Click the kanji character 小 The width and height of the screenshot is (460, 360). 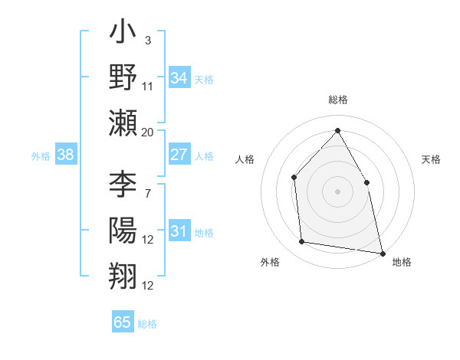click(123, 34)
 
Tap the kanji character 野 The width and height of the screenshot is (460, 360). click(123, 77)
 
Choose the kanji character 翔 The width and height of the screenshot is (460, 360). click(123, 273)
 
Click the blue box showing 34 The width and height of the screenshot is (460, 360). click(179, 77)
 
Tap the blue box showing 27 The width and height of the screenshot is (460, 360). click(179, 155)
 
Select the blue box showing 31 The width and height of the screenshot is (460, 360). click(179, 231)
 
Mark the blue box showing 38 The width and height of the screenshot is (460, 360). click(66, 155)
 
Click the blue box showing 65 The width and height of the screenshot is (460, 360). click(123, 322)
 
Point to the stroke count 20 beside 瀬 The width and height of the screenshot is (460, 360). click(148, 133)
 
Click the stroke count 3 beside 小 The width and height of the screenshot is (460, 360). click(147, 39)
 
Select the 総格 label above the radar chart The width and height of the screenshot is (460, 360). click(338, 100)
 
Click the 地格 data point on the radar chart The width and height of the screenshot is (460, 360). click(382, 253)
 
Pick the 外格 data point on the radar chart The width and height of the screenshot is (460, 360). click(302, 242)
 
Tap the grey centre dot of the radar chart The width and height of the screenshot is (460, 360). click(337, 191)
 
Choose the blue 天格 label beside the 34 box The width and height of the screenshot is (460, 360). click(204, 79)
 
